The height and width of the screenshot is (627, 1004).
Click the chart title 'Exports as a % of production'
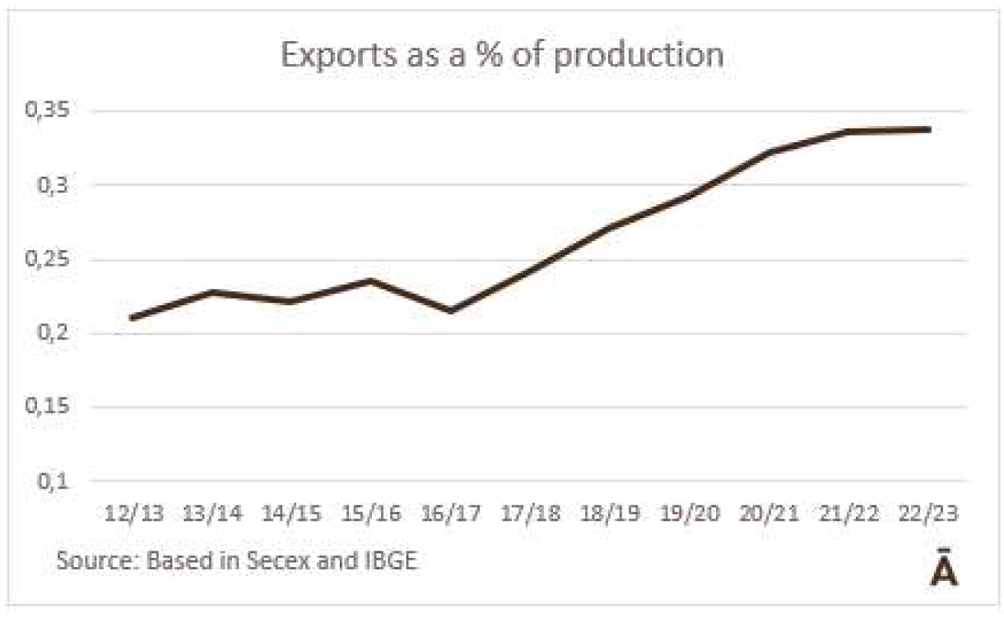(x=502, y=54)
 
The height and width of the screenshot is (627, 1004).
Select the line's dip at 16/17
(x=451, y=311)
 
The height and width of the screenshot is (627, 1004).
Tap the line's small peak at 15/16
(x=372, y=281)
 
